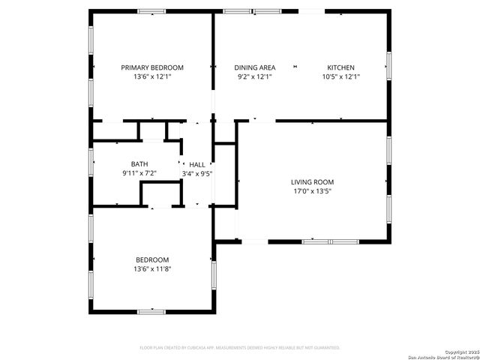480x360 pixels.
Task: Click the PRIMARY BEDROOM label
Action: (x=152, y=67)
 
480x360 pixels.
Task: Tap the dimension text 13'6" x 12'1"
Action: (x=152, y=76)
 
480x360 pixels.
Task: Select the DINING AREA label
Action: (x=254, y=67)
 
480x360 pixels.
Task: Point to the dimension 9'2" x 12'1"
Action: (x=254, y=76)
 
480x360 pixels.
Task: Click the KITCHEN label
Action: (x=340, y=67)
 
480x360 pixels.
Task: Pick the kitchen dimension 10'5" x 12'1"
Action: (x=340, y=76)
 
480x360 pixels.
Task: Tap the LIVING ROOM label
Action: (x=312, y=182)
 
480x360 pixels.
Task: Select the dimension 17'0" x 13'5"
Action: (x=312, y=191)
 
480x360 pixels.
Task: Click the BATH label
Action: (x=139, y=164)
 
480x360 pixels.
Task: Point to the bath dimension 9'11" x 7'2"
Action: (x=139, y=173)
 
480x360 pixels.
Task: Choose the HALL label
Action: (x=197, y=164)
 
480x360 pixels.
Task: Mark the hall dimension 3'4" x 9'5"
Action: (x=197, y=173)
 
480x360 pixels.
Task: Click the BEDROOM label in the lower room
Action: (x=152, y=259)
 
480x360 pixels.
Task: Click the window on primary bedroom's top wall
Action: (x=151, y=11)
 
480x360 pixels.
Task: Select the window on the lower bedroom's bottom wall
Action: (x=151, y=310)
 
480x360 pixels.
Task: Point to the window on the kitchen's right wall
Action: (x=388, y=65)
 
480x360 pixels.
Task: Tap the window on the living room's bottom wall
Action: (x=330, y=241)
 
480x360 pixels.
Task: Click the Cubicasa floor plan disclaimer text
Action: (x=240, y=348)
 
